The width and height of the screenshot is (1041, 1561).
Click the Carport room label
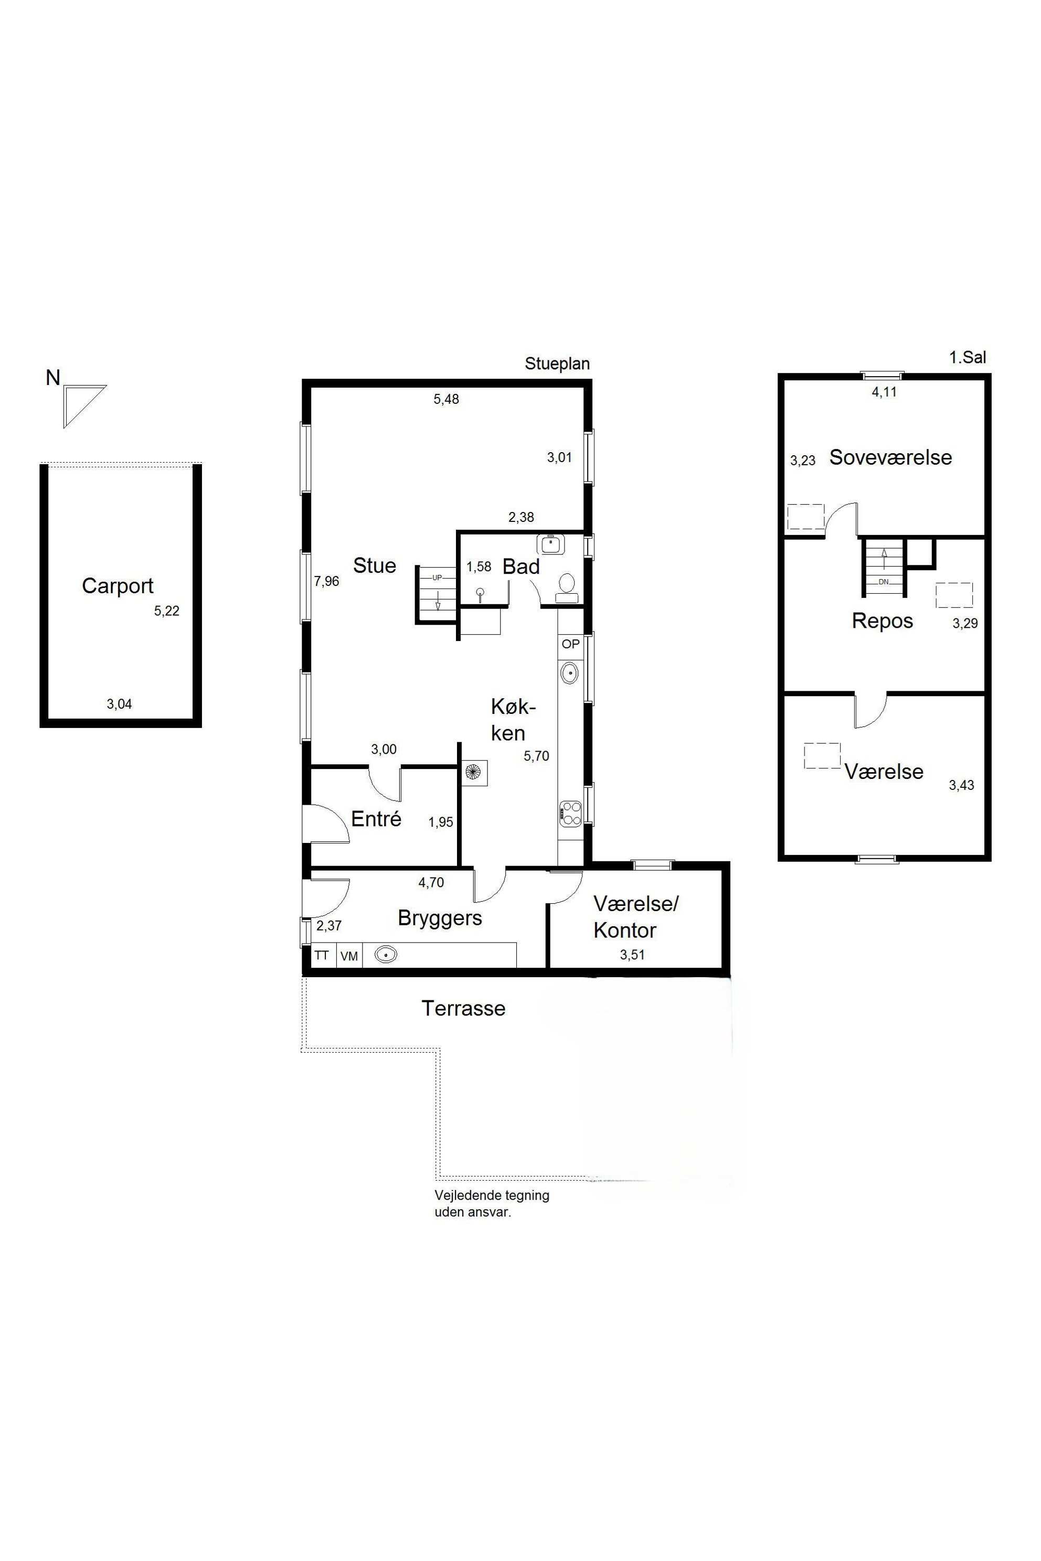coord(118,586)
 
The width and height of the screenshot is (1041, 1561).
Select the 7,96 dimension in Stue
coord(327,581)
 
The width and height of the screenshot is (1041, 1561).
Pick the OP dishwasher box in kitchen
coord(570,644)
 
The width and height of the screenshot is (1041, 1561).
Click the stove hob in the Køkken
coord(570,814)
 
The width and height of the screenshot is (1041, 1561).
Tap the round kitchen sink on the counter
coord(570,673)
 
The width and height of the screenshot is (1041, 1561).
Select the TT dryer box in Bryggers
coord(323,956)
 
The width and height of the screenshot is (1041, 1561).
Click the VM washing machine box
coord(349,956)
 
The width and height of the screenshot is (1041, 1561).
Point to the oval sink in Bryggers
coord(386,955)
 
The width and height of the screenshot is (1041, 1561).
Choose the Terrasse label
coord(463,1009)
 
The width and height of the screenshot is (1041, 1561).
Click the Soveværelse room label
coord(890,457)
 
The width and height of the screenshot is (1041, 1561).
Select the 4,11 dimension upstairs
coord(884,392)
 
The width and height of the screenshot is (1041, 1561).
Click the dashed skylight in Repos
coord(954,595)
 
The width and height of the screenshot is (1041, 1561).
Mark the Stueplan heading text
coord(557,363)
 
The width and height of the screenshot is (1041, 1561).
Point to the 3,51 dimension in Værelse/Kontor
coord(632,955)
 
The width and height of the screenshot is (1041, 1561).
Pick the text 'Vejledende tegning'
coord(492,1195)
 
